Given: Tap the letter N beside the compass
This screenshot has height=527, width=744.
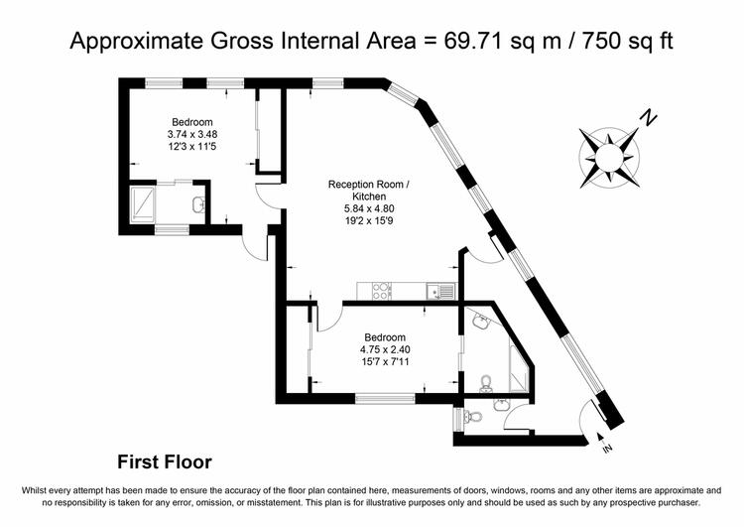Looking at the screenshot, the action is pos(648,118).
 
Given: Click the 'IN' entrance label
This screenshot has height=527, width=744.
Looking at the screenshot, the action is pos(608,448).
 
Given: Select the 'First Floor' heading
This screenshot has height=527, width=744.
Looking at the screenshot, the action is pos(164,461).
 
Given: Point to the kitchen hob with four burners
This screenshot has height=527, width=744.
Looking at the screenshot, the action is pos(382,291).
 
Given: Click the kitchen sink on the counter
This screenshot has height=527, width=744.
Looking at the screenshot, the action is pos(441,291).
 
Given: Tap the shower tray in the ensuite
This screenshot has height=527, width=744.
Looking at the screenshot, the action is pos(143,203).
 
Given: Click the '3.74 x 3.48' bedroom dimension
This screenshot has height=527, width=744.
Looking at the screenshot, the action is pos(192,134).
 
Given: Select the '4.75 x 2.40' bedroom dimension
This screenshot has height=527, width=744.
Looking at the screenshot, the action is pos(385,350).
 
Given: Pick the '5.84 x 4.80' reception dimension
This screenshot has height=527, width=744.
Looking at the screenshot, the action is pos(369,208).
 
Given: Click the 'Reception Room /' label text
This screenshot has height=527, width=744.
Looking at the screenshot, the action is pos(368,185).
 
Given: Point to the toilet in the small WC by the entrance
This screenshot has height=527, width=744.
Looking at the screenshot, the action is pos(472,417).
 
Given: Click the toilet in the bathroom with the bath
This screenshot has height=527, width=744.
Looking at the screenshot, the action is pos(485,384).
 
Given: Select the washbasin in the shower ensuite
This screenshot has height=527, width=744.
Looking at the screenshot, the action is pos(198,204).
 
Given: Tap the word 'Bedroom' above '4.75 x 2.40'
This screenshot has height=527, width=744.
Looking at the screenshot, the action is pos(385,337).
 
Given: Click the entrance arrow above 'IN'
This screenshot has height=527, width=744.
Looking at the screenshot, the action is pos(599,437).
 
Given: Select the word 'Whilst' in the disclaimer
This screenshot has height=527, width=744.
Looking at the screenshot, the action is pos(33,490).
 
